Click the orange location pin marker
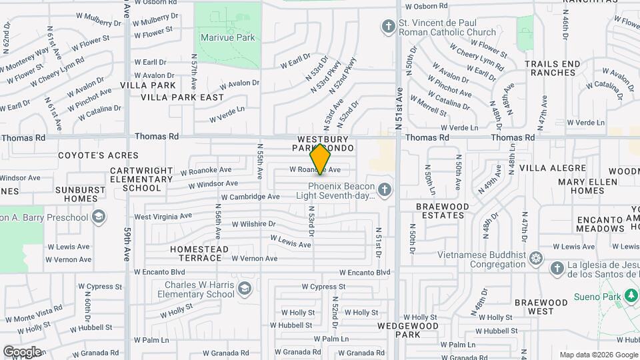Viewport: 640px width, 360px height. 321,159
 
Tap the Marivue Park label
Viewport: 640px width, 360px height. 228,38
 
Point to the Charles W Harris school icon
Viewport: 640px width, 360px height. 244,288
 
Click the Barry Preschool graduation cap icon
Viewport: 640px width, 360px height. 99,217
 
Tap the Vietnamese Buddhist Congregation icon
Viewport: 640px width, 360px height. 536,257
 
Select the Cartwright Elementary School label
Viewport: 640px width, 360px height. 141,179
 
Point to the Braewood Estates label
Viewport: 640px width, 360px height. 443,211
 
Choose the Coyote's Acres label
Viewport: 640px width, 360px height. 89,155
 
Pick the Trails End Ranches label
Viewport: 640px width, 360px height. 552,68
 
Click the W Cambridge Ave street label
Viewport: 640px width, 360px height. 250,197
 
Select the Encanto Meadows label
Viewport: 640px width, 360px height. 590,224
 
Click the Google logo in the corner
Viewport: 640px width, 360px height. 22,351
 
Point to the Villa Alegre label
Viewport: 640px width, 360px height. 546,167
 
